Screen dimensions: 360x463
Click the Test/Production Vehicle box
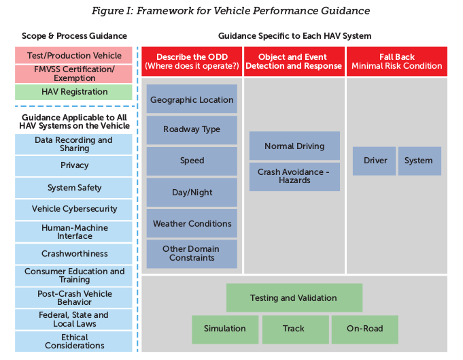point(74,56)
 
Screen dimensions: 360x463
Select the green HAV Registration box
point(74,92)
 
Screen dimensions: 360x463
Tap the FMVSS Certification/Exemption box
point(74,73)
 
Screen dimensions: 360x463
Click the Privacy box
point(74,165)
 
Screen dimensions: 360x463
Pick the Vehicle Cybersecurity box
point(74,209)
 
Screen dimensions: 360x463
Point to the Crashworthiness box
point(74,254)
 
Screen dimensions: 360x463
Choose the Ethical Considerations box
point(74,341)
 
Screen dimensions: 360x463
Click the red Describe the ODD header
point(191,61)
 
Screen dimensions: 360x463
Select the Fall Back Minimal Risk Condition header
point(397,61)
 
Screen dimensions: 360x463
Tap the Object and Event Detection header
point(294,61)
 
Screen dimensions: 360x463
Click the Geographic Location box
point(192,99)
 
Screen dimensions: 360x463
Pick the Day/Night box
point(192,193)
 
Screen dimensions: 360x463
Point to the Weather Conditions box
point(192,223)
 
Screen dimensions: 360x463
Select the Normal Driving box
point(294,146)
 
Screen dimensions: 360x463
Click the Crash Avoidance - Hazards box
point(294,176)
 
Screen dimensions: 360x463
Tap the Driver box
point(375,161)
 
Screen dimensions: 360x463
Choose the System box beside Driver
point(419,161)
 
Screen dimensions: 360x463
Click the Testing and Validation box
point(294,298)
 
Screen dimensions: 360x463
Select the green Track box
point(294,329)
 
